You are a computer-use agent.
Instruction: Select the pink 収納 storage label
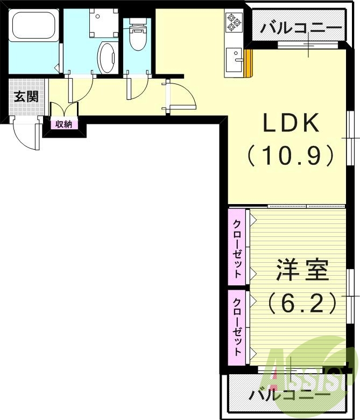point(63,124)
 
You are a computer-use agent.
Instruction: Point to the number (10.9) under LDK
point(291,156)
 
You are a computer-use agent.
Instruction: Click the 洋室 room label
point(303,271)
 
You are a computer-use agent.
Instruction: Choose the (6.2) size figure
point(303,303)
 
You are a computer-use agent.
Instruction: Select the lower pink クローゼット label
point(237,326)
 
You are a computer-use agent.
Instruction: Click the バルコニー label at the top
point(300,27)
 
